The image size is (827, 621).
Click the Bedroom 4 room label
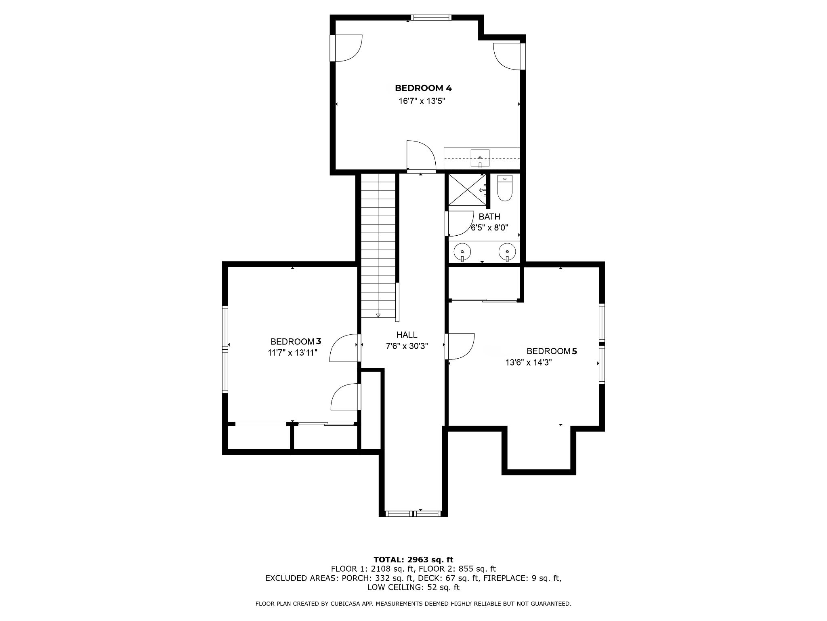(423, 88)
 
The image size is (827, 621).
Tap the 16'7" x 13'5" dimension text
(422, 101)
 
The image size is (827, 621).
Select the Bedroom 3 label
(296, 342)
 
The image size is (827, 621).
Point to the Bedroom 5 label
(552, 351)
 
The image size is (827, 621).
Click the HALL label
(407, 335)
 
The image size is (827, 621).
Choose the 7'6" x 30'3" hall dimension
(407, 346)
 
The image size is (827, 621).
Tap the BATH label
(489, 217)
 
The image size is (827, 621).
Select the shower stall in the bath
(468, 190)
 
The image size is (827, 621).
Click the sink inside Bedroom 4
(480, 158)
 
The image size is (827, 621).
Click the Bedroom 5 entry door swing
(460, 346)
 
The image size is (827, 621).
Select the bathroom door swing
(460, 223)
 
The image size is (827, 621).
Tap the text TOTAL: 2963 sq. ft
(413, 560)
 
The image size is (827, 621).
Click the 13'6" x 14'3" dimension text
(529, 363)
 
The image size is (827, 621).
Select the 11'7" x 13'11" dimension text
(293, 353)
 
